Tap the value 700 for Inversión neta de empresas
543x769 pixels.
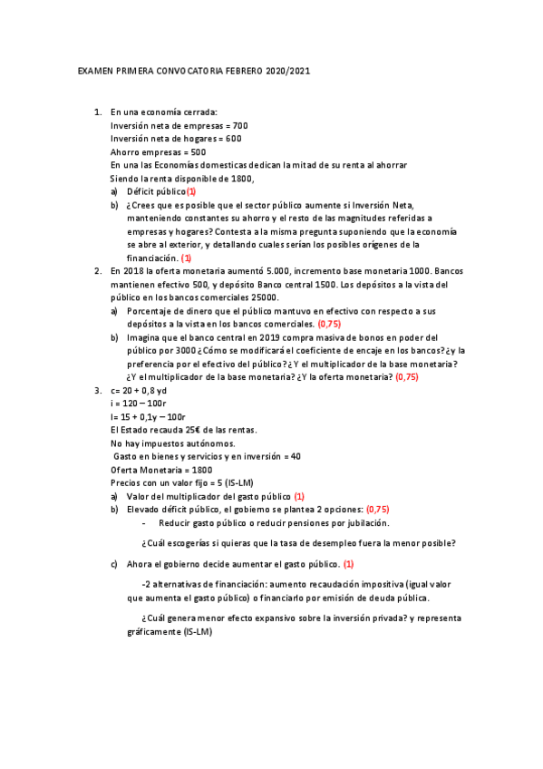click(240, 125)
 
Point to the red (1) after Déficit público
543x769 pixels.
click(190, 191)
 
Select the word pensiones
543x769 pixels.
click(300, 522)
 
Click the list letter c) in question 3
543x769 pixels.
click(114, 564)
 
